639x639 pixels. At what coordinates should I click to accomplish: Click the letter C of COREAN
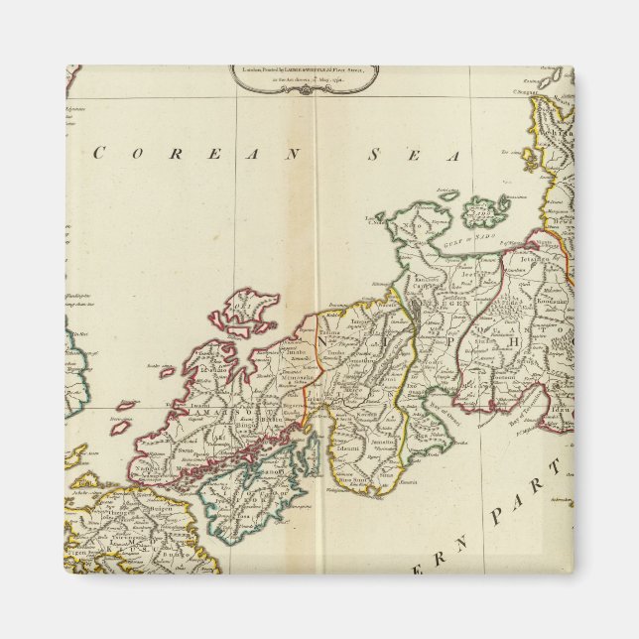[x=99, y=153]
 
